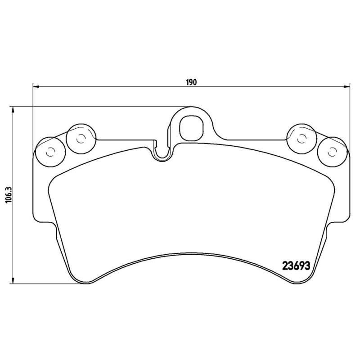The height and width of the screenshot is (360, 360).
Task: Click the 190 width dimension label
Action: tap(191, 82)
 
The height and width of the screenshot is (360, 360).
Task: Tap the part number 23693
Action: tap(296, 265)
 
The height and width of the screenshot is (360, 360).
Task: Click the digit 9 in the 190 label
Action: tap(191, 82)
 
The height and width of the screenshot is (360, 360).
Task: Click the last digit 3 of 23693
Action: tap(308, 265)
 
